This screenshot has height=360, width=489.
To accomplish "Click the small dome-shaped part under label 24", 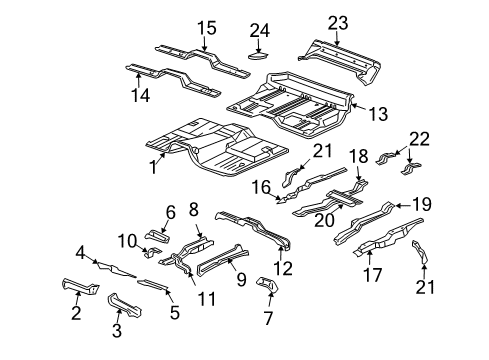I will click(258, 56).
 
